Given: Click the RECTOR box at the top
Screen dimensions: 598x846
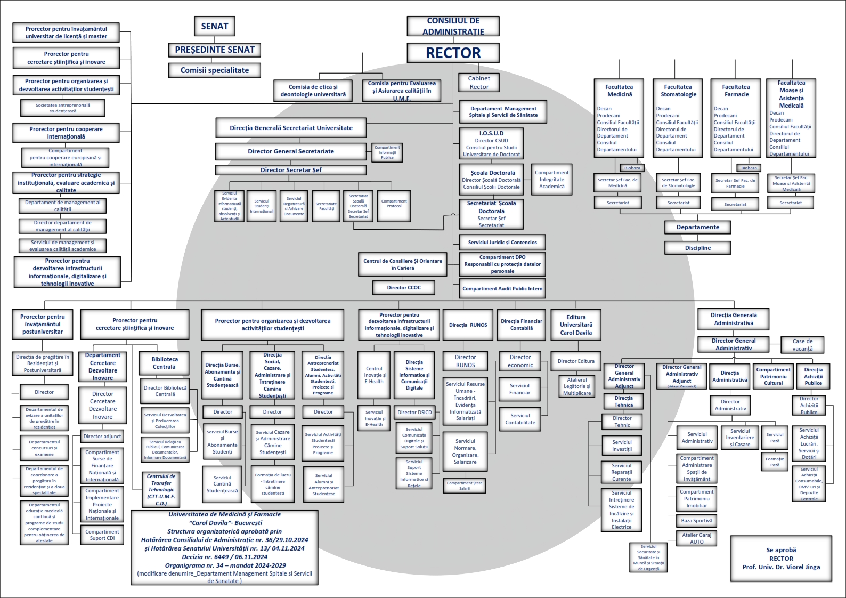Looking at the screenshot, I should (453, 53).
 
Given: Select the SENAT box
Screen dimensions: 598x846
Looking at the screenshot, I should (215, 26).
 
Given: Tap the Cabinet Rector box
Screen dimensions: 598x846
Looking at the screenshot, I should (479, 83).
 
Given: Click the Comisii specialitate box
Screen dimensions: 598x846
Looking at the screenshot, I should (215, 70).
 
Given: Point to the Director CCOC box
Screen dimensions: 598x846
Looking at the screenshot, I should (404, 288).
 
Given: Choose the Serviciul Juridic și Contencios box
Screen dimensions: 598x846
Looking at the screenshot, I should (502, 243).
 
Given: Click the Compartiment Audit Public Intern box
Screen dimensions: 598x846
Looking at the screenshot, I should (502, 289).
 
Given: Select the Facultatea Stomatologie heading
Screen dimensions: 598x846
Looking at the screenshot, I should (678, 91).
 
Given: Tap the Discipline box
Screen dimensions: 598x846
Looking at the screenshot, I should (697, 248).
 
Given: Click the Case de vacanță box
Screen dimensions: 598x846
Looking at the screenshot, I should (802, 345).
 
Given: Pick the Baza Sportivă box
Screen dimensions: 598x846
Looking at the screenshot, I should (696, 521).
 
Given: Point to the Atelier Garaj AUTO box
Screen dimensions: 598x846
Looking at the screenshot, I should (696, 538).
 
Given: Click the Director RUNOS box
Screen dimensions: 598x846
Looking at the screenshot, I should (465, 361).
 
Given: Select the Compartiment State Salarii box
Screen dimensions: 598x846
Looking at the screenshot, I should (465, 486).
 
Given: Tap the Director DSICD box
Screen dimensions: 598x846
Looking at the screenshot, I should (414, 412).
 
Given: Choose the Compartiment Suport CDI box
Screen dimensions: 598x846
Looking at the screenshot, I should (102, 535).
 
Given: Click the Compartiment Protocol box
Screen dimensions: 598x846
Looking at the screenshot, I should (394, 204).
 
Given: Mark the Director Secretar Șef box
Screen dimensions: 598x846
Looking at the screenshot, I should (291, 170).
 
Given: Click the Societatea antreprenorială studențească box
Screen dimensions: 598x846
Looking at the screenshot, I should (63, 108).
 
